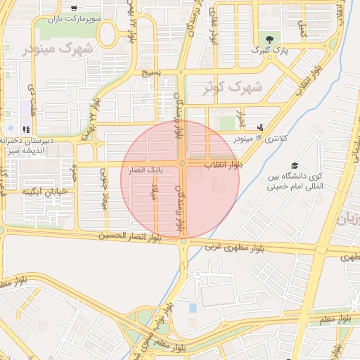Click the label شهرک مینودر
(x=58, y=49)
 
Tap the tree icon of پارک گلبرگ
(x=267, y=38)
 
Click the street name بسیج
(x=153, y=72)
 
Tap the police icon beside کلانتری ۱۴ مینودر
(x=261, y=127)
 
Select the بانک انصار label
(x=146, y=170)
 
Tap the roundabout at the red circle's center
(x=182, y=164)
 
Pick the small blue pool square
(x=193, y=308)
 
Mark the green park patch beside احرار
(x=226, y=123)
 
